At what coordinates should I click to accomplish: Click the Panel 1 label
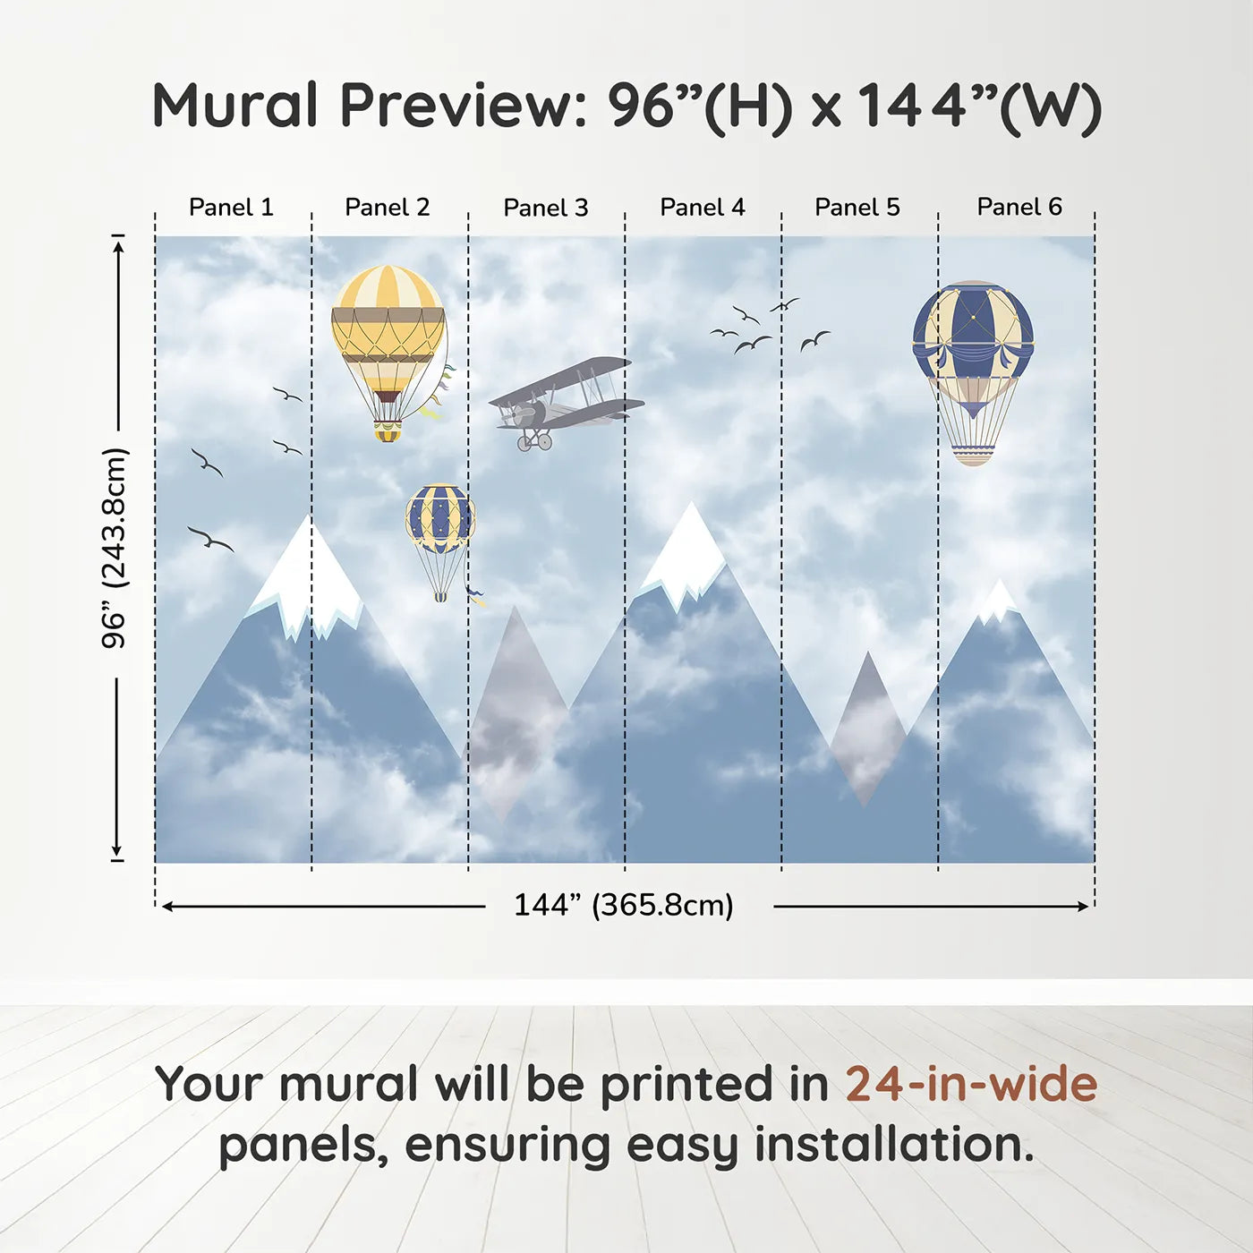(x=231, y=207)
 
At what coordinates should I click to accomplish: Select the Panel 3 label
(x=546, y=208)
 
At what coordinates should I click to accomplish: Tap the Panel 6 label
(x=1019, y=207)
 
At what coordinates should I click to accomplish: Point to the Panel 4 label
(x=703, y=207)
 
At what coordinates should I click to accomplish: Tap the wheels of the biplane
(x=534, y=441)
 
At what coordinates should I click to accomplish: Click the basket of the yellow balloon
(x=388, y=431)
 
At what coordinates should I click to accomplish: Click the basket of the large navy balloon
(x=974, y=455)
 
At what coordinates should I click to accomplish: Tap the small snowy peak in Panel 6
(x=997, y=601)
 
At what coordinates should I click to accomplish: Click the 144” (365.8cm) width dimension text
(x=624, y=905)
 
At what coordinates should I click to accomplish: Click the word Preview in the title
(x=465, y=106)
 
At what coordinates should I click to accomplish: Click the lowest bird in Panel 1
(x=210, y=539)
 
